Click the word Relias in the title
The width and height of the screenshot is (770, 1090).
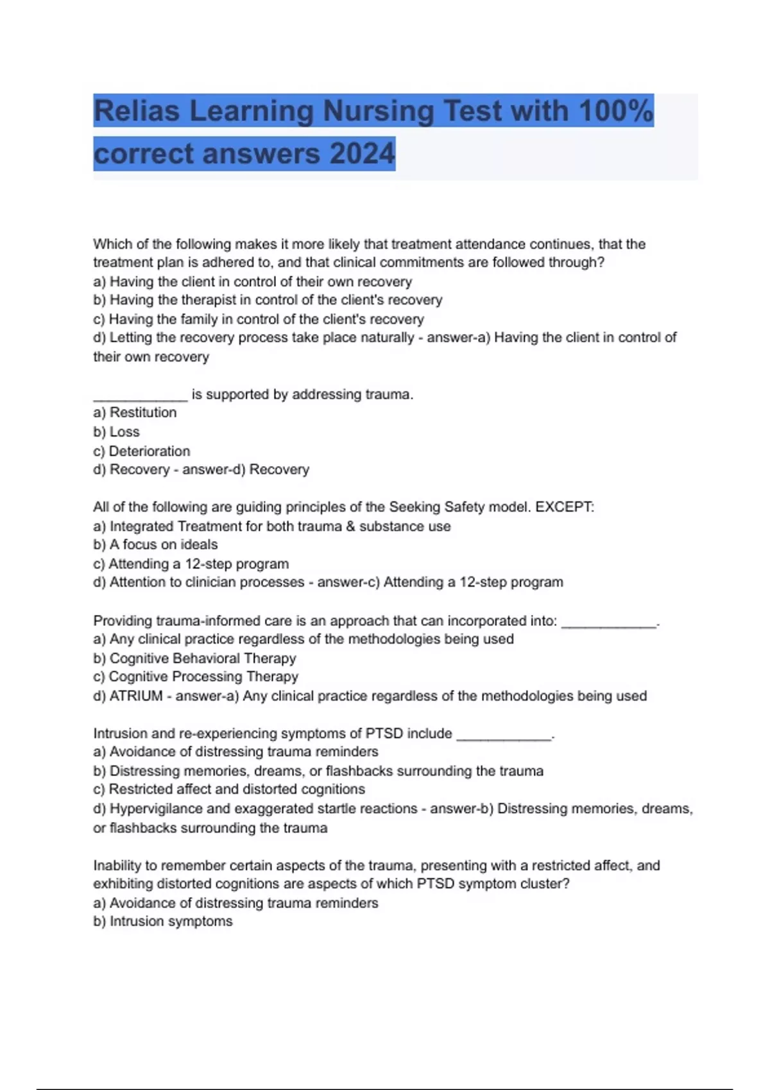tap(137, 111)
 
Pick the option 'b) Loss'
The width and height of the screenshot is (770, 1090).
tap(116, 432)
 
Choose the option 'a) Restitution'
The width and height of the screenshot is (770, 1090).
tap(135, 412)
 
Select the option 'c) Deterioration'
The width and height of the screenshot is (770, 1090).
tap(142, 451)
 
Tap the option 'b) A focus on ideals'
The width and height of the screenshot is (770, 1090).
tap(155, 544)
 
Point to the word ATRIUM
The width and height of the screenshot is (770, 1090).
tap(136, 696)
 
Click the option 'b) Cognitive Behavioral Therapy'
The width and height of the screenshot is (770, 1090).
tap(194, 658)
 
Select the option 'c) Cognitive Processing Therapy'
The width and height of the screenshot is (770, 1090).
tap(196, 676)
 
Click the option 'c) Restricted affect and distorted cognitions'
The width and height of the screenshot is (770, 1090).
tap(229, 789)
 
